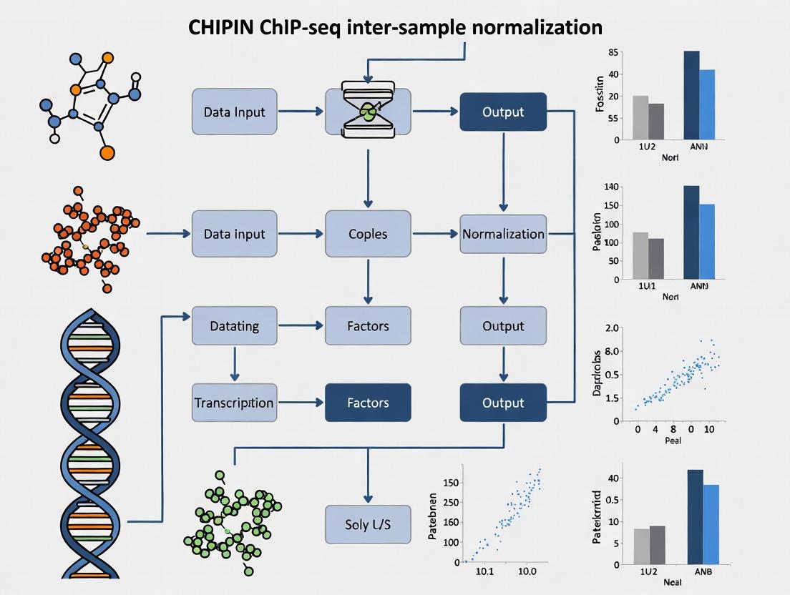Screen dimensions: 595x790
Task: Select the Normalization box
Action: pyautogui.click(x=503, y=234)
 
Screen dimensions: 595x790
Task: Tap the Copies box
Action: pyautogui.click(x=368, y=234)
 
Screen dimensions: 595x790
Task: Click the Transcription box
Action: pyautogui.click(x=234, y=403)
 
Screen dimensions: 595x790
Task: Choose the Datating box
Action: pyautogui.click(x=234, y=326)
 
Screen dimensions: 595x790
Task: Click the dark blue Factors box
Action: pyautogui.click(x=368, y=403)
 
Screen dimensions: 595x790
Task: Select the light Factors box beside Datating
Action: pyautogui.click(x=368, y=326)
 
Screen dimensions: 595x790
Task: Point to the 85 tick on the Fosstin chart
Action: pyautogui.click(x=613, y=53)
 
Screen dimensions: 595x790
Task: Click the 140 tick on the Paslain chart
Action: pyautogui.click(x=611, y=187)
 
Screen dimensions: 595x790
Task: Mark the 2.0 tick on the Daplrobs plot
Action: pyautogui.click(x=612, y=328)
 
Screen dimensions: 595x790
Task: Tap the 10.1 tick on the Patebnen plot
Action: pyautogui.click(x=484, y=572)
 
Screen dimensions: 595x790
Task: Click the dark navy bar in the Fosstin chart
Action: pyautogui.click(x=691, y=94)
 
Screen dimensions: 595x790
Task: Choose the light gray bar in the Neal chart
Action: pyautogui.click(x=641, y=546)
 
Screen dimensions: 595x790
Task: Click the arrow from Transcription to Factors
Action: pyautogui.click(x=300, y=403)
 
